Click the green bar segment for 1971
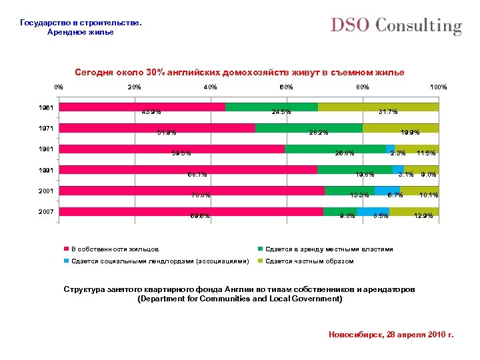[309, 128]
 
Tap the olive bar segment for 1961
[378, 107]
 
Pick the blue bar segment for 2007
[373, 212]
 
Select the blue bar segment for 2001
[387, 191]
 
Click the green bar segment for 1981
[335, 149]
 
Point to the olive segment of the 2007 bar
[414, 212]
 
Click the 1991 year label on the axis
[47, 169]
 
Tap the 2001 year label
[47, 191]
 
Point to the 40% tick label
[210, 87]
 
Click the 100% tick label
[438, 87]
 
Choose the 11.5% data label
[425, 153]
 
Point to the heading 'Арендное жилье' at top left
[81, 32]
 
